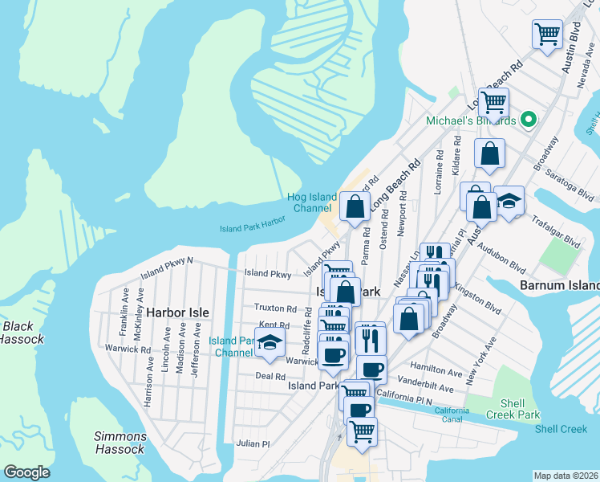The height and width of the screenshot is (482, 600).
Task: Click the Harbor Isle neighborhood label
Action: tap(177, 312)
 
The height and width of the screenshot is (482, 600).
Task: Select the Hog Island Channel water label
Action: tap(310, 202)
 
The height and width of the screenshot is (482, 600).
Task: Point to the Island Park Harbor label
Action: tap(253, 229)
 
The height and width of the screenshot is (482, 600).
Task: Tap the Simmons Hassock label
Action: tap(120, 443)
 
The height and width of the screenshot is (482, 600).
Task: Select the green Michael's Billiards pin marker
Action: tap(528, 120)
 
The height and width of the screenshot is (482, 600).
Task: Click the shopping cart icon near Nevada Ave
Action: tap(548, 35)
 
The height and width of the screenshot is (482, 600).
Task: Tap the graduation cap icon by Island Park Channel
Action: tap(270, 341)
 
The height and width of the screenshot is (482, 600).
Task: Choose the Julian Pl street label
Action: tap(253, 443)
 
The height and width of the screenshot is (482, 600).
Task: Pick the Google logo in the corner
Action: tap(26, 472)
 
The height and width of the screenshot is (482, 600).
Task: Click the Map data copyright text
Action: tap(565, 476)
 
